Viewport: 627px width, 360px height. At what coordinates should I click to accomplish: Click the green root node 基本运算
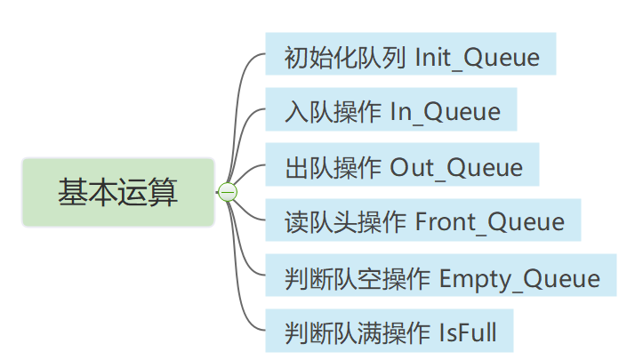(118, 192)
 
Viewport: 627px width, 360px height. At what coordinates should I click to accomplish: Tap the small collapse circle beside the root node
(228, 192)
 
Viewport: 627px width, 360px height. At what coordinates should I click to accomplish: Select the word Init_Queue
(478, 58)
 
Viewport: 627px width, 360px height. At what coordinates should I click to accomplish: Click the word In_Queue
(446, 113)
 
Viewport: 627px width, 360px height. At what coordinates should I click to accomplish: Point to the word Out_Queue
(457, 168)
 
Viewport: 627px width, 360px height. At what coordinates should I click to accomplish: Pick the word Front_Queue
(490, 222)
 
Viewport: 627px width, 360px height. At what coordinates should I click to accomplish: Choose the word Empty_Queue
(520, 278)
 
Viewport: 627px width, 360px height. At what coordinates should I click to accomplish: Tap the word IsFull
(468, 333)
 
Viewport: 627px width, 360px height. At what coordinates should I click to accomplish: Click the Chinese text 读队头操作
(344, 222)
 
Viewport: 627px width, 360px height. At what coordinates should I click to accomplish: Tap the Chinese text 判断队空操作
(357, 278)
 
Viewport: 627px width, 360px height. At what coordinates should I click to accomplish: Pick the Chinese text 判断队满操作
(357, 333)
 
